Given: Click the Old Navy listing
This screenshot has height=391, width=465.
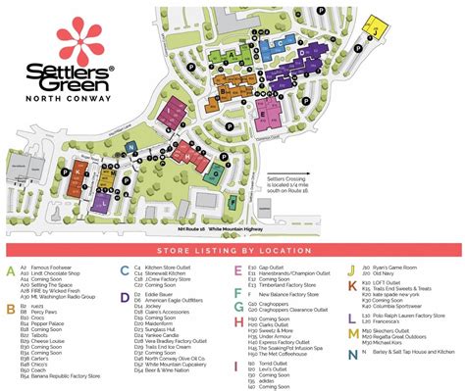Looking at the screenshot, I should pyautogui.click(x=387, y=272).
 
